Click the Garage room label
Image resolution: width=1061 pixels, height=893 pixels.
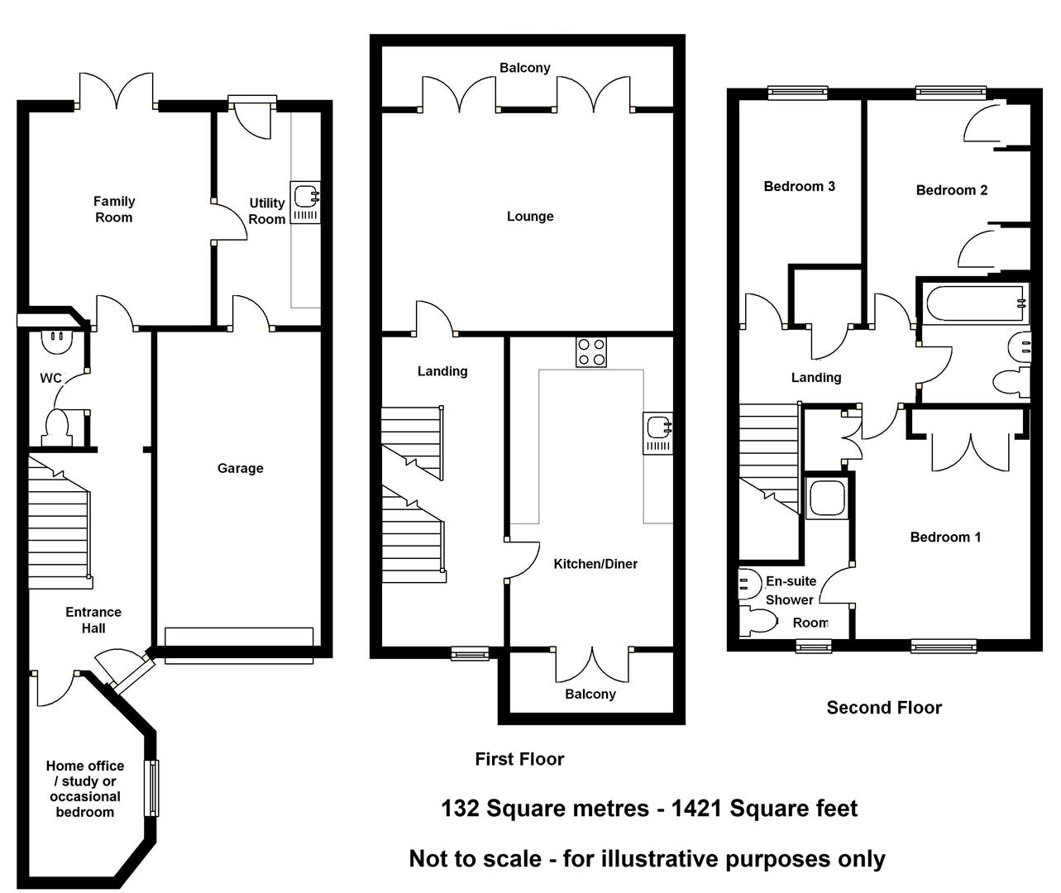[240, 468]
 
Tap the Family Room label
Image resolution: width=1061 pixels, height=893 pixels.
[113, 209]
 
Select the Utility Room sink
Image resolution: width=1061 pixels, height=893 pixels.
[306, 203]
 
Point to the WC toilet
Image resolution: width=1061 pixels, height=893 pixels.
[58, 427]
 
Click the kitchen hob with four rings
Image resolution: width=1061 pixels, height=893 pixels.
[590, 351]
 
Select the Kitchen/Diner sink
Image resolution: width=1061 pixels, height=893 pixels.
[658, 432]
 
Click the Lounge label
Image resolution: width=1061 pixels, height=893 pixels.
[530, 217]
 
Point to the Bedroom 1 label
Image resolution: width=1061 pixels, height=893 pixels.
[945, 537]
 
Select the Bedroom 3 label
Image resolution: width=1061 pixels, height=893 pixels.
[799, 186]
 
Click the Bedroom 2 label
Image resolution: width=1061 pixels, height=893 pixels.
[951, 190]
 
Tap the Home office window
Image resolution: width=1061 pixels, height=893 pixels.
[151, 788]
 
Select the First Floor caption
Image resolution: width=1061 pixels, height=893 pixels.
[519, 759]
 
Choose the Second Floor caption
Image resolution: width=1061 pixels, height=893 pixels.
[884, 707]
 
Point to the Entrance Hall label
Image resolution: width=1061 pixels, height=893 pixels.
[93, 619]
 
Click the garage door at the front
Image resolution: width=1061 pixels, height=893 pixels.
[239, 645]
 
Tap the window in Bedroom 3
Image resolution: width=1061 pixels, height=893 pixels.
[797, 93]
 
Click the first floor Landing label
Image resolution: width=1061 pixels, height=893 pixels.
[442, 371]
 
